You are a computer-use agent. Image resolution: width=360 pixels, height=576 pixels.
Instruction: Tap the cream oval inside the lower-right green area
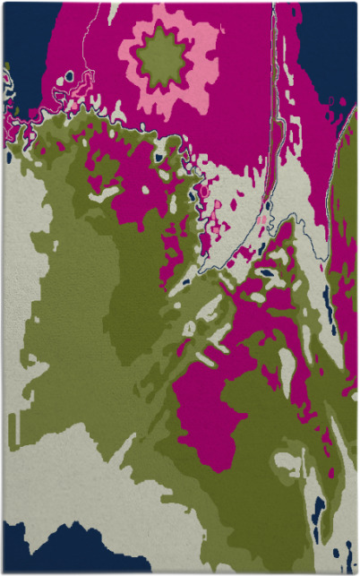click(288, 462)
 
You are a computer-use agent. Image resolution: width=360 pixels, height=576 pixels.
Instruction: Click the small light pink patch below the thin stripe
click(261, 219)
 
